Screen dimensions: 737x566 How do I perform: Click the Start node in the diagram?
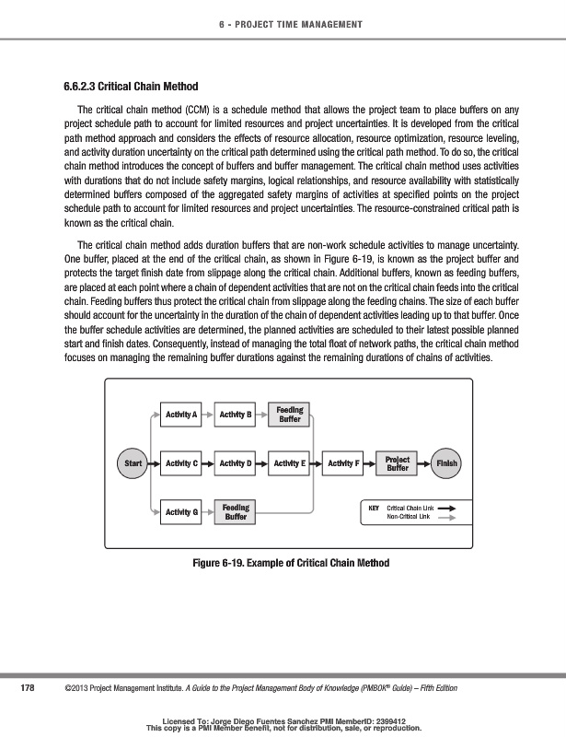pos(133,462)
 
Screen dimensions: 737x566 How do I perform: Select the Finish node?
pos(447,462)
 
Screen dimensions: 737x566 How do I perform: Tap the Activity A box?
pos(180,415)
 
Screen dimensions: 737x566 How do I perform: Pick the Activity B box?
pos(236,415)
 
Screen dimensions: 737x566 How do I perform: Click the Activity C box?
pos(180,462)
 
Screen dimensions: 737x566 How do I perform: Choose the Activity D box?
pos(236,462)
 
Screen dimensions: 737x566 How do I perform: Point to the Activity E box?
pos(290,462)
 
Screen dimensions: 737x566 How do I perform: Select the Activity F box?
pos(344,462)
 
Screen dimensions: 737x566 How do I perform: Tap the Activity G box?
pos(180,511)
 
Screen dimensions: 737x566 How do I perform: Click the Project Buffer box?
pos(398,462)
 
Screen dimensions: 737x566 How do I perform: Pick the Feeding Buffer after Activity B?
pos(290,415)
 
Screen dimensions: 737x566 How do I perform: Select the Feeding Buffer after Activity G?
pos(236,511)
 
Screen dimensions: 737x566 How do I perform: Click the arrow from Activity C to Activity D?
pos(208,462)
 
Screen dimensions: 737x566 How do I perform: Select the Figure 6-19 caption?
pos(283,563)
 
